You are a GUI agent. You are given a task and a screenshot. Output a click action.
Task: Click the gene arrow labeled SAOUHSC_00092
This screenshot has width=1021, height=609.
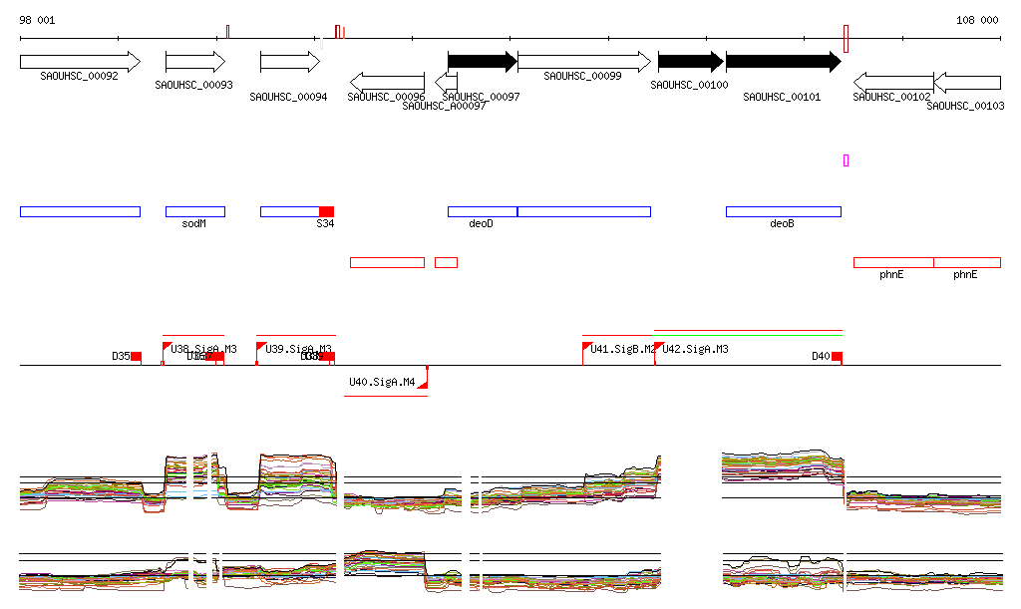click(x=80, y=62)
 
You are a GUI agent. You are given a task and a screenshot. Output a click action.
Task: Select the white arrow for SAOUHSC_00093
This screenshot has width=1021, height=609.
click(x=195, y=62)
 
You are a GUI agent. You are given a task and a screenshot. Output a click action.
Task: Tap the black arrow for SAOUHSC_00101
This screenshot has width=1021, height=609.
click(x=784, y=62)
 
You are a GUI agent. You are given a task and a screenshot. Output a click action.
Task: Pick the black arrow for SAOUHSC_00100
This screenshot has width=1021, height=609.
click(x=691, y=62)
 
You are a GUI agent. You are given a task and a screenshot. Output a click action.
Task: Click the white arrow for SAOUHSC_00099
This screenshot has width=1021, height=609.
click(x=584, y=62)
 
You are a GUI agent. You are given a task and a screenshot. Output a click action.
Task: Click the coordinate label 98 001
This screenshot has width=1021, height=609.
click(x=38, y=20)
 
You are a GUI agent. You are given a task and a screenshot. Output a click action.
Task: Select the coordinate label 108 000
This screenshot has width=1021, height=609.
click(x=977, y=20)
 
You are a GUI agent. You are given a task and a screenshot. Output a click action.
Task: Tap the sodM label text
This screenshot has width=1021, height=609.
click(x=194, y=224)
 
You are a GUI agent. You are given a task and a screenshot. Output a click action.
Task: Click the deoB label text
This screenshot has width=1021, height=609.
click(x=783, y=224)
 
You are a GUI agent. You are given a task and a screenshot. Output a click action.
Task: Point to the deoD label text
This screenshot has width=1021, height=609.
click(x=481, y=224)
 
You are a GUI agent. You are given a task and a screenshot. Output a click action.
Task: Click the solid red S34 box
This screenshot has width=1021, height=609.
click(x=326, y=211)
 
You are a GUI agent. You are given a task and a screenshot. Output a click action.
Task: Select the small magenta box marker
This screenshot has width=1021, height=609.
click(x=846, y=160)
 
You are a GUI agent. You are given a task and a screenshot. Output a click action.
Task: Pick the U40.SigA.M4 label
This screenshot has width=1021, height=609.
click(x=382, y=382)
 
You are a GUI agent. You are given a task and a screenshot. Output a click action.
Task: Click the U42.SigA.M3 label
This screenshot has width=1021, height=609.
click(x=695, y=349)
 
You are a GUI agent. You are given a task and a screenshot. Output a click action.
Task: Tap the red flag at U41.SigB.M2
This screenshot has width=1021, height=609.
click(x=586, y=347)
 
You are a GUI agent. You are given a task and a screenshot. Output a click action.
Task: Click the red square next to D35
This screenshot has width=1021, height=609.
click(x=137, y=356)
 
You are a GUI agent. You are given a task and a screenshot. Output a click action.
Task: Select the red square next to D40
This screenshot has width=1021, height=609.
click(x=837, y=356)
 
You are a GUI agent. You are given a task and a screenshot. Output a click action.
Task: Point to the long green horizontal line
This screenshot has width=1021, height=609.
click(x=748, y=331)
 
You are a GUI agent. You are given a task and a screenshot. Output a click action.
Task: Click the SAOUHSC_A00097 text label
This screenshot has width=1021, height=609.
click(x=444, y=106)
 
